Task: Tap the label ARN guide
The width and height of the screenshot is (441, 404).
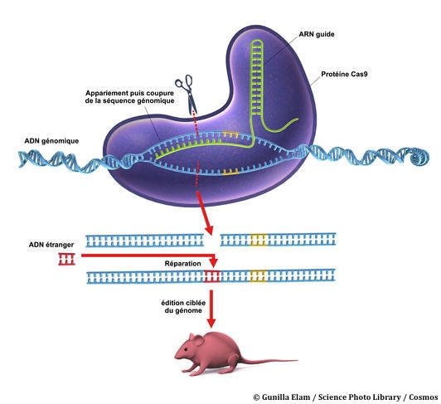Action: pos(317,34)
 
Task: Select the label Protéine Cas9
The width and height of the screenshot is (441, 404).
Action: pos(344,74)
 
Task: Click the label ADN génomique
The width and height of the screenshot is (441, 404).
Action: pos(51,141)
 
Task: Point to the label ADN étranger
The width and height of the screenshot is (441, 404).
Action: pos(51,245)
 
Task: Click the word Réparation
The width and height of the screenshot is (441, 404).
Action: pos(183,264)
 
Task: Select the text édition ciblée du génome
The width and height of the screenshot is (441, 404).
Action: pos(183,307)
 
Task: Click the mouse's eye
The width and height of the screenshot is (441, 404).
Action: pos(186,349)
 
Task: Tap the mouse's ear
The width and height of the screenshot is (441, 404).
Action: pos(198,340)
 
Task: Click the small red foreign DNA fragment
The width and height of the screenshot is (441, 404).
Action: pos(66,259)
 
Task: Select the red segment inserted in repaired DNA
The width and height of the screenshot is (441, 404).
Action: pos(211,276)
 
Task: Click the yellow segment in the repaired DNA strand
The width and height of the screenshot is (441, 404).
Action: pos(259,276)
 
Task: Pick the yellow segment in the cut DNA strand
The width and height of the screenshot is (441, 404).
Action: pos(259,240)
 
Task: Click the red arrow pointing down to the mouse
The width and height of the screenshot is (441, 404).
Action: pos(211,309)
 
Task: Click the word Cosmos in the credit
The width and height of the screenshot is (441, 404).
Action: pos(424,397)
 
